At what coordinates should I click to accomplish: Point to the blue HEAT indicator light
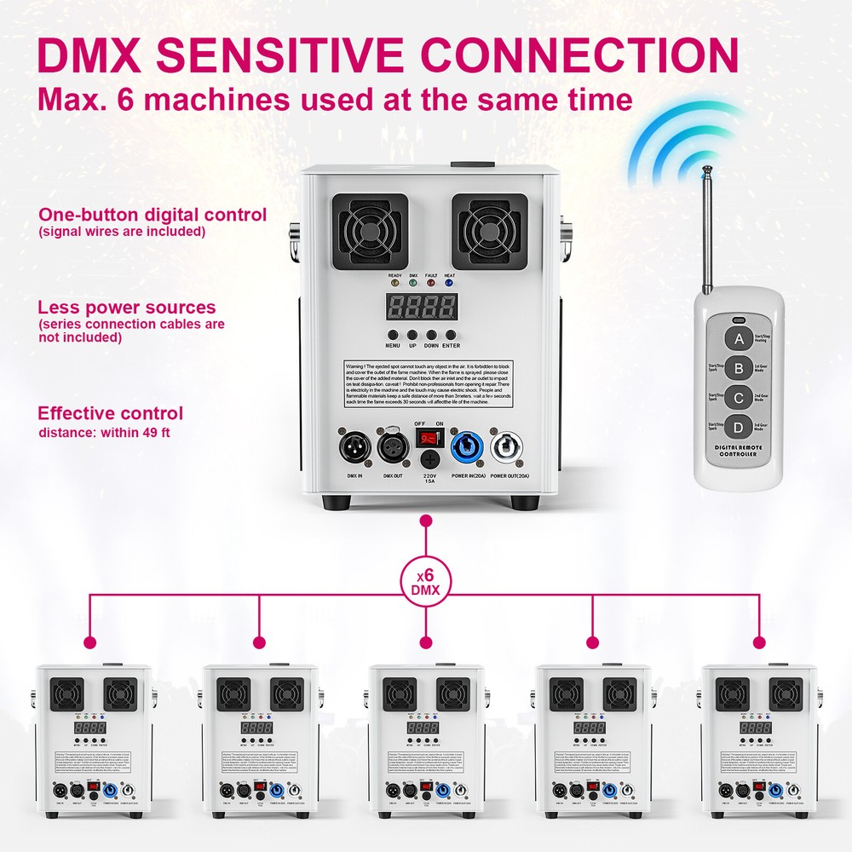click(x=460, y=284)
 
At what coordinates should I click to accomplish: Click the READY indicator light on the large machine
click(x=394, y=284)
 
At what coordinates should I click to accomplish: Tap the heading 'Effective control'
click(x=110, y=414)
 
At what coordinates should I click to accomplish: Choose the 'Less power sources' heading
click(x=127, y=308)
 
